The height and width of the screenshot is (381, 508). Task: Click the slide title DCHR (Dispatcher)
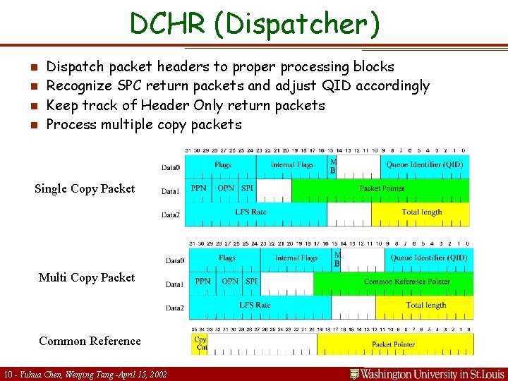click(254, 25)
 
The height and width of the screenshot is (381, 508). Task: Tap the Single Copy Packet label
click(85, 188)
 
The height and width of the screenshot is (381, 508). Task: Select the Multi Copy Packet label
click(87, 277)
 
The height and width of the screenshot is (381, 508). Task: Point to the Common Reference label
click(90, 341)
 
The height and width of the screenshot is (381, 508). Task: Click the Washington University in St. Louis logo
click(427, 373)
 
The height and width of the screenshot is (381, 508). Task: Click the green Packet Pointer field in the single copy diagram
click(381, 188)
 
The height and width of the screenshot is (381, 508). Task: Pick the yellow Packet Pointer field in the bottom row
click(394, 344)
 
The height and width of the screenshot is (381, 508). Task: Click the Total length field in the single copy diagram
click(421, 212)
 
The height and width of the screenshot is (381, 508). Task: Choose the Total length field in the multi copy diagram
click(425, 305)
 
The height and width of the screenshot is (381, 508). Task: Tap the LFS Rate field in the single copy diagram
click(250, 212)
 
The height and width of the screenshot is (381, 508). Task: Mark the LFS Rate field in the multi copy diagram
click(255, 305)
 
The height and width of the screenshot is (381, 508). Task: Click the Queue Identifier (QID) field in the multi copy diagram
click(429, 258)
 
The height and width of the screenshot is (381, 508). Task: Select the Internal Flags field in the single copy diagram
click(291, 165)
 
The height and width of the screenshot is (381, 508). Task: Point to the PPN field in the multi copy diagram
click(202, 281)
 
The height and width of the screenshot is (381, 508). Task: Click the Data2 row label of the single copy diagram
click(170, 214)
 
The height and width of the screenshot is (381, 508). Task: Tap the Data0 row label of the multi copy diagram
click(174, 260)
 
